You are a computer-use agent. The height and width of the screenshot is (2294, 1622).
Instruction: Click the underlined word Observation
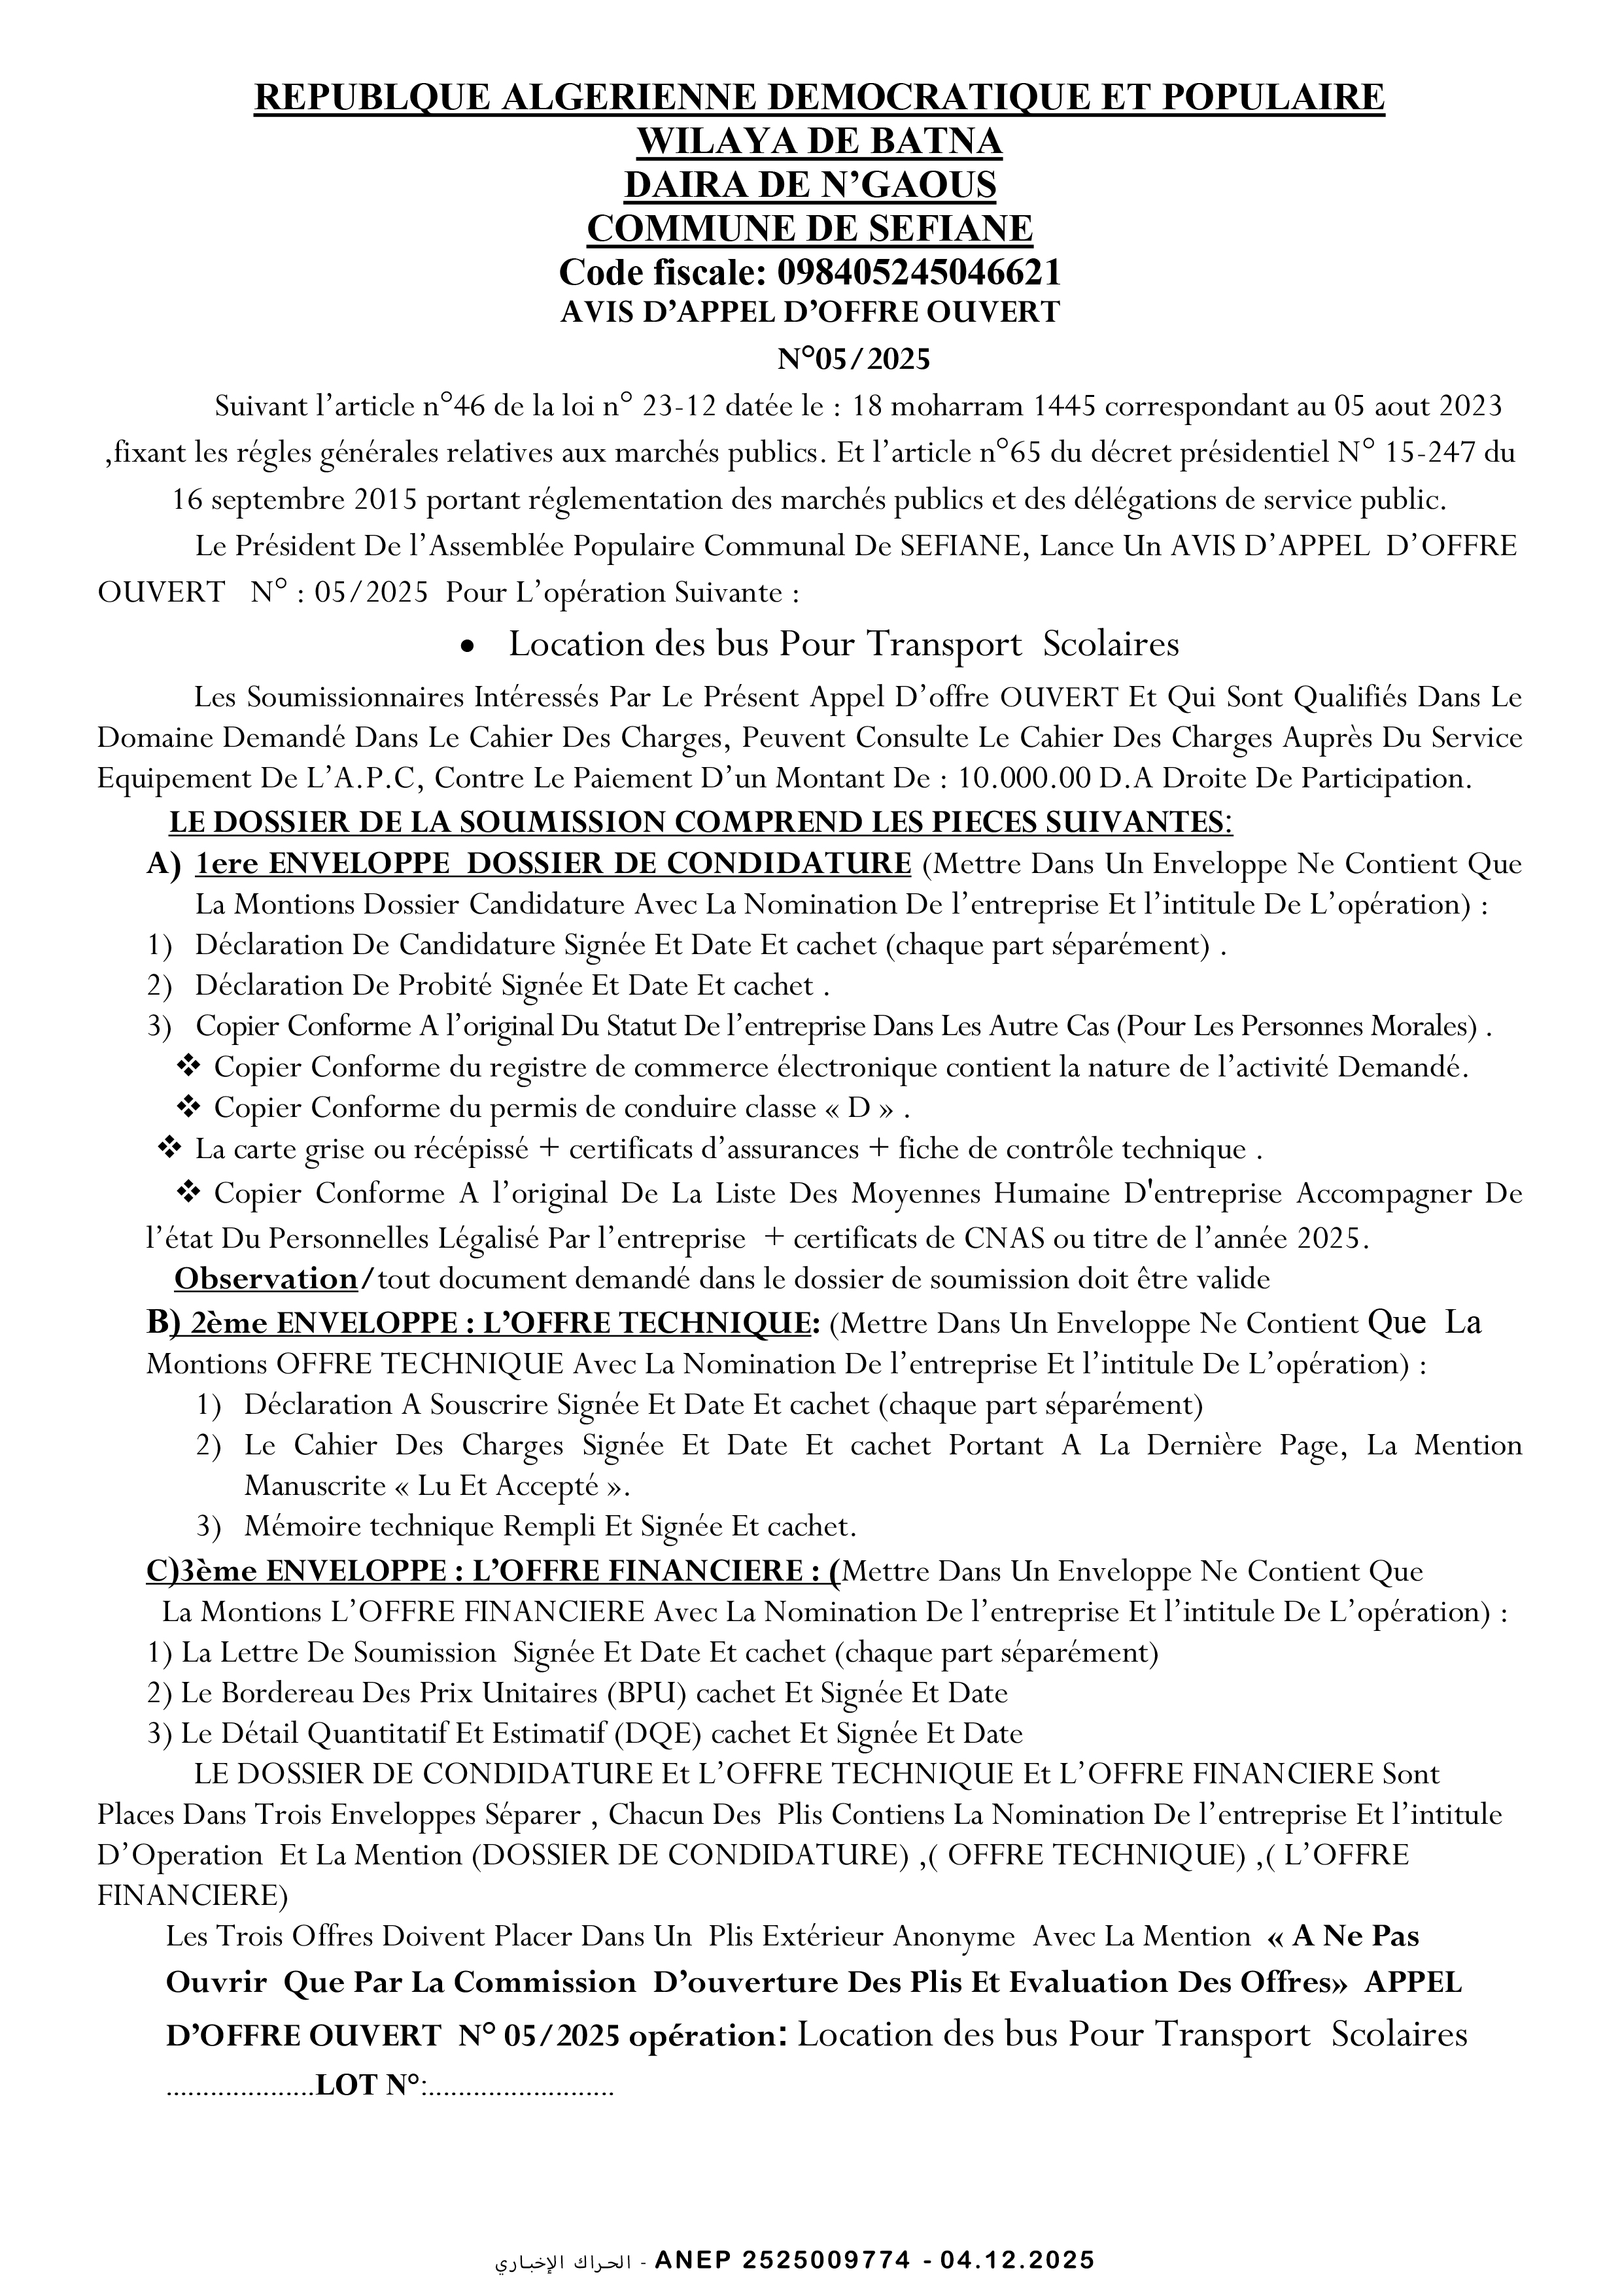pos(265,1279)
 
